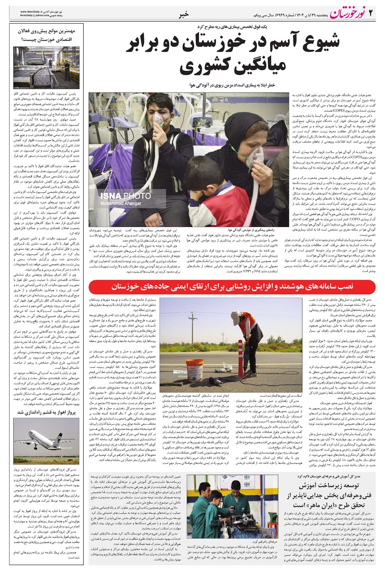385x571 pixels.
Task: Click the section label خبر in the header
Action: [x=187, y=14]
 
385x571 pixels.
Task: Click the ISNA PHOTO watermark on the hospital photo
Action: [x=125, y=196]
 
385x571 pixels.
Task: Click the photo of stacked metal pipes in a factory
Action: [x=47, y=68]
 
